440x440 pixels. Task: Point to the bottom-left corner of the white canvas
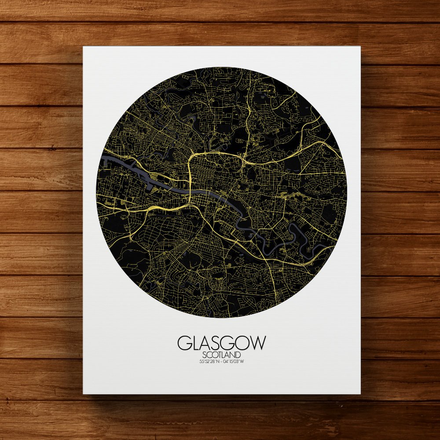coord(84,393)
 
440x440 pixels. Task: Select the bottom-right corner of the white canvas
coord(360,393)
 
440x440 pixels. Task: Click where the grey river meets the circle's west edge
coord(99,156)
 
